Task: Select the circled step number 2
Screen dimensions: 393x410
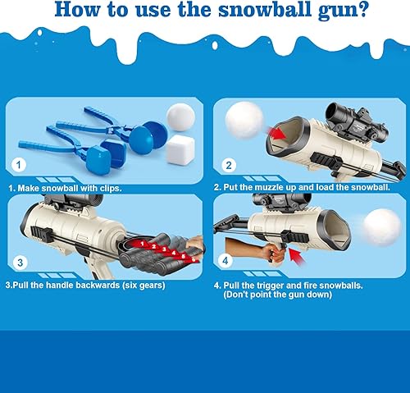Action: coord(230,164)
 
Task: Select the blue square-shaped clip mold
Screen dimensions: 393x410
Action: coord(103,156)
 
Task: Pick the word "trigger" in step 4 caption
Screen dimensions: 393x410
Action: coord(269,286)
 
